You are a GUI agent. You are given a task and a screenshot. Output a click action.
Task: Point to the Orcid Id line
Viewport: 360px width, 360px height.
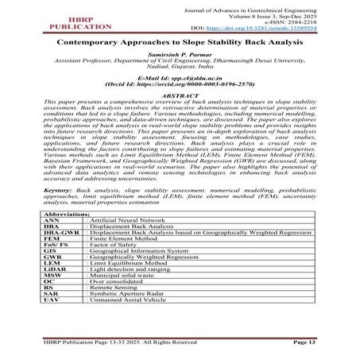179,102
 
